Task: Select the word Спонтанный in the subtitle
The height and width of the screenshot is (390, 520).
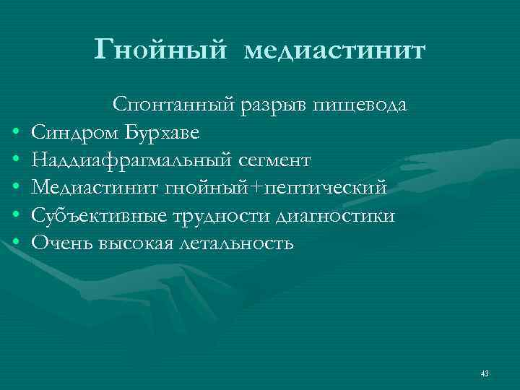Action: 170,105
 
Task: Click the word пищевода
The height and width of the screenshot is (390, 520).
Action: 360,105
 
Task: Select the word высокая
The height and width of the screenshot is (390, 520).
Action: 134,243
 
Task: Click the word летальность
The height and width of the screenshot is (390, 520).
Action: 235,243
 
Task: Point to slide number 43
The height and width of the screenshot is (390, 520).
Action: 484,373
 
